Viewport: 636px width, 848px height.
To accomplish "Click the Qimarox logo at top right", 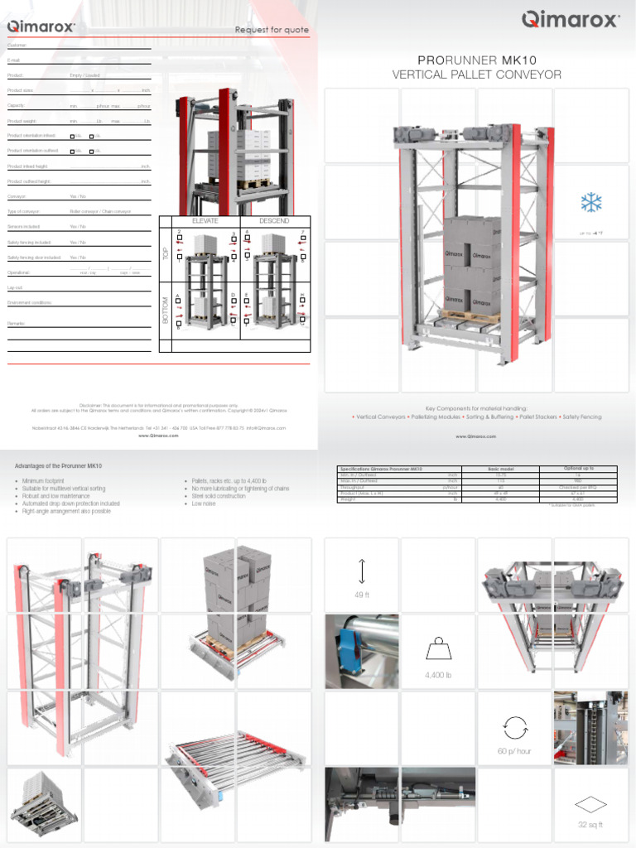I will [x=570, y=19].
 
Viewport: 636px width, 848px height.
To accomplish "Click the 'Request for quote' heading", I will [x=272, y=30].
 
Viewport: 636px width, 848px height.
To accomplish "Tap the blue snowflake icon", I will [x=590, y=203].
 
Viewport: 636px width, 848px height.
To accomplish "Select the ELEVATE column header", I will [x=205, y=221].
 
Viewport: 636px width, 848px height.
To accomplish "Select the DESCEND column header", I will [x=274, y=221].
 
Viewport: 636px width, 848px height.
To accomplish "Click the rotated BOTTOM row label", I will [x=166, y=310].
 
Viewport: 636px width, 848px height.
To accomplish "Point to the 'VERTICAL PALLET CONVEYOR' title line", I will [x=476, y=75].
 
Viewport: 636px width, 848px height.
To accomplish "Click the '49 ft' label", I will [x=362, y=595].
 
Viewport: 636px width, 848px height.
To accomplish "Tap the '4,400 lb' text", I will [x=438, y=675].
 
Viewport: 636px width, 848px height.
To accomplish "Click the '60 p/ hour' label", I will [x=514, y=751].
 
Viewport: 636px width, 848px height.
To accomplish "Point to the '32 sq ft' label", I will [x=590, y=825].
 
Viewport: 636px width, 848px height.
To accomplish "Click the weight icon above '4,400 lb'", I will [x=438, y=649].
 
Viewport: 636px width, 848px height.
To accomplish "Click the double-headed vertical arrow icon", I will [x=362, y=571].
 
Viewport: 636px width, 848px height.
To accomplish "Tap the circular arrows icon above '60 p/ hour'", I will [x=513, y=726].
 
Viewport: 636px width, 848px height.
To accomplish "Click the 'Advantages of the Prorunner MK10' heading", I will [x=59, y=466].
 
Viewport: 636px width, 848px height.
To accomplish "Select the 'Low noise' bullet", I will [x=204, y=503].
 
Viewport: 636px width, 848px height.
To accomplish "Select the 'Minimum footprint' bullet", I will [x=44, y=480].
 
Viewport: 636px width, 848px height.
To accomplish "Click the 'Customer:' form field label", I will [x=17, y=45].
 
